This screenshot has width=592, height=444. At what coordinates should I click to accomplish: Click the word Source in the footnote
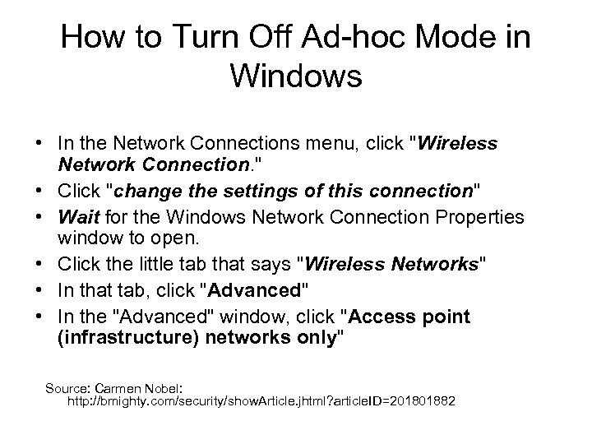tap(70, 386)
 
